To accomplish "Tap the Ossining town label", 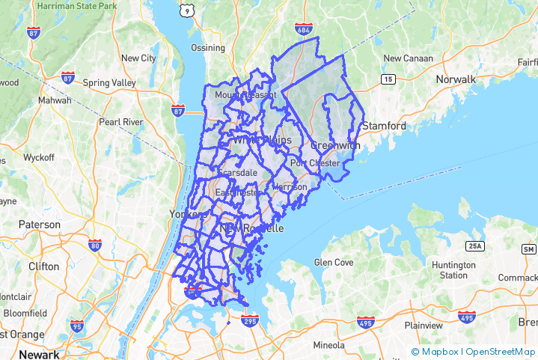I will click(207, 48).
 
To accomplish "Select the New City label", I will click(138, 58).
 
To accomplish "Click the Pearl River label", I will click(121, 120).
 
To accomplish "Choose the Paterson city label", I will click(40, 225).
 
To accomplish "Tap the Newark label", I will click(39, 354).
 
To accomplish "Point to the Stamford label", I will click(386, 126).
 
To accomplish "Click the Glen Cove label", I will click(333, 263).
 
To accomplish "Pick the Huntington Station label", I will click(453, 270).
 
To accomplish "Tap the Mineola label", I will click(328, 345).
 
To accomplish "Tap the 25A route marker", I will click(474, 245).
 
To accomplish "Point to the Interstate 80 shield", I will click(95, 244).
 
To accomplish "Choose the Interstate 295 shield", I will click(250, 321).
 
